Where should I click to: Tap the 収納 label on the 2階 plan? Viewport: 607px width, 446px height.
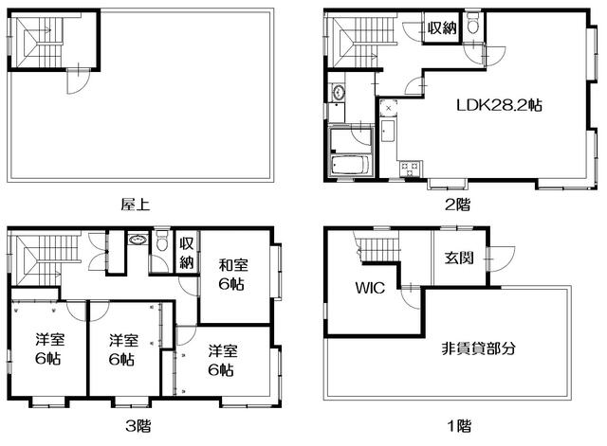(441, 28)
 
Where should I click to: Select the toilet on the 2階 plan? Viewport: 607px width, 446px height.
(474, 27)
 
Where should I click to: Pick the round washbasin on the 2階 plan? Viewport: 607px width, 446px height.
(338, 94)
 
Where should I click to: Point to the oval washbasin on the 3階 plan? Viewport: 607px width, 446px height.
(138, 241)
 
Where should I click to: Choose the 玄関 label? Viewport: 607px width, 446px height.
(460, 258)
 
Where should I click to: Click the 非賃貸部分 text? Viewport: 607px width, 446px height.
(479, 348)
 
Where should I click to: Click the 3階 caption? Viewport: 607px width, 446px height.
(136, 425)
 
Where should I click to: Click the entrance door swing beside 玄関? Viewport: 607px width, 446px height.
(500, 258)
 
